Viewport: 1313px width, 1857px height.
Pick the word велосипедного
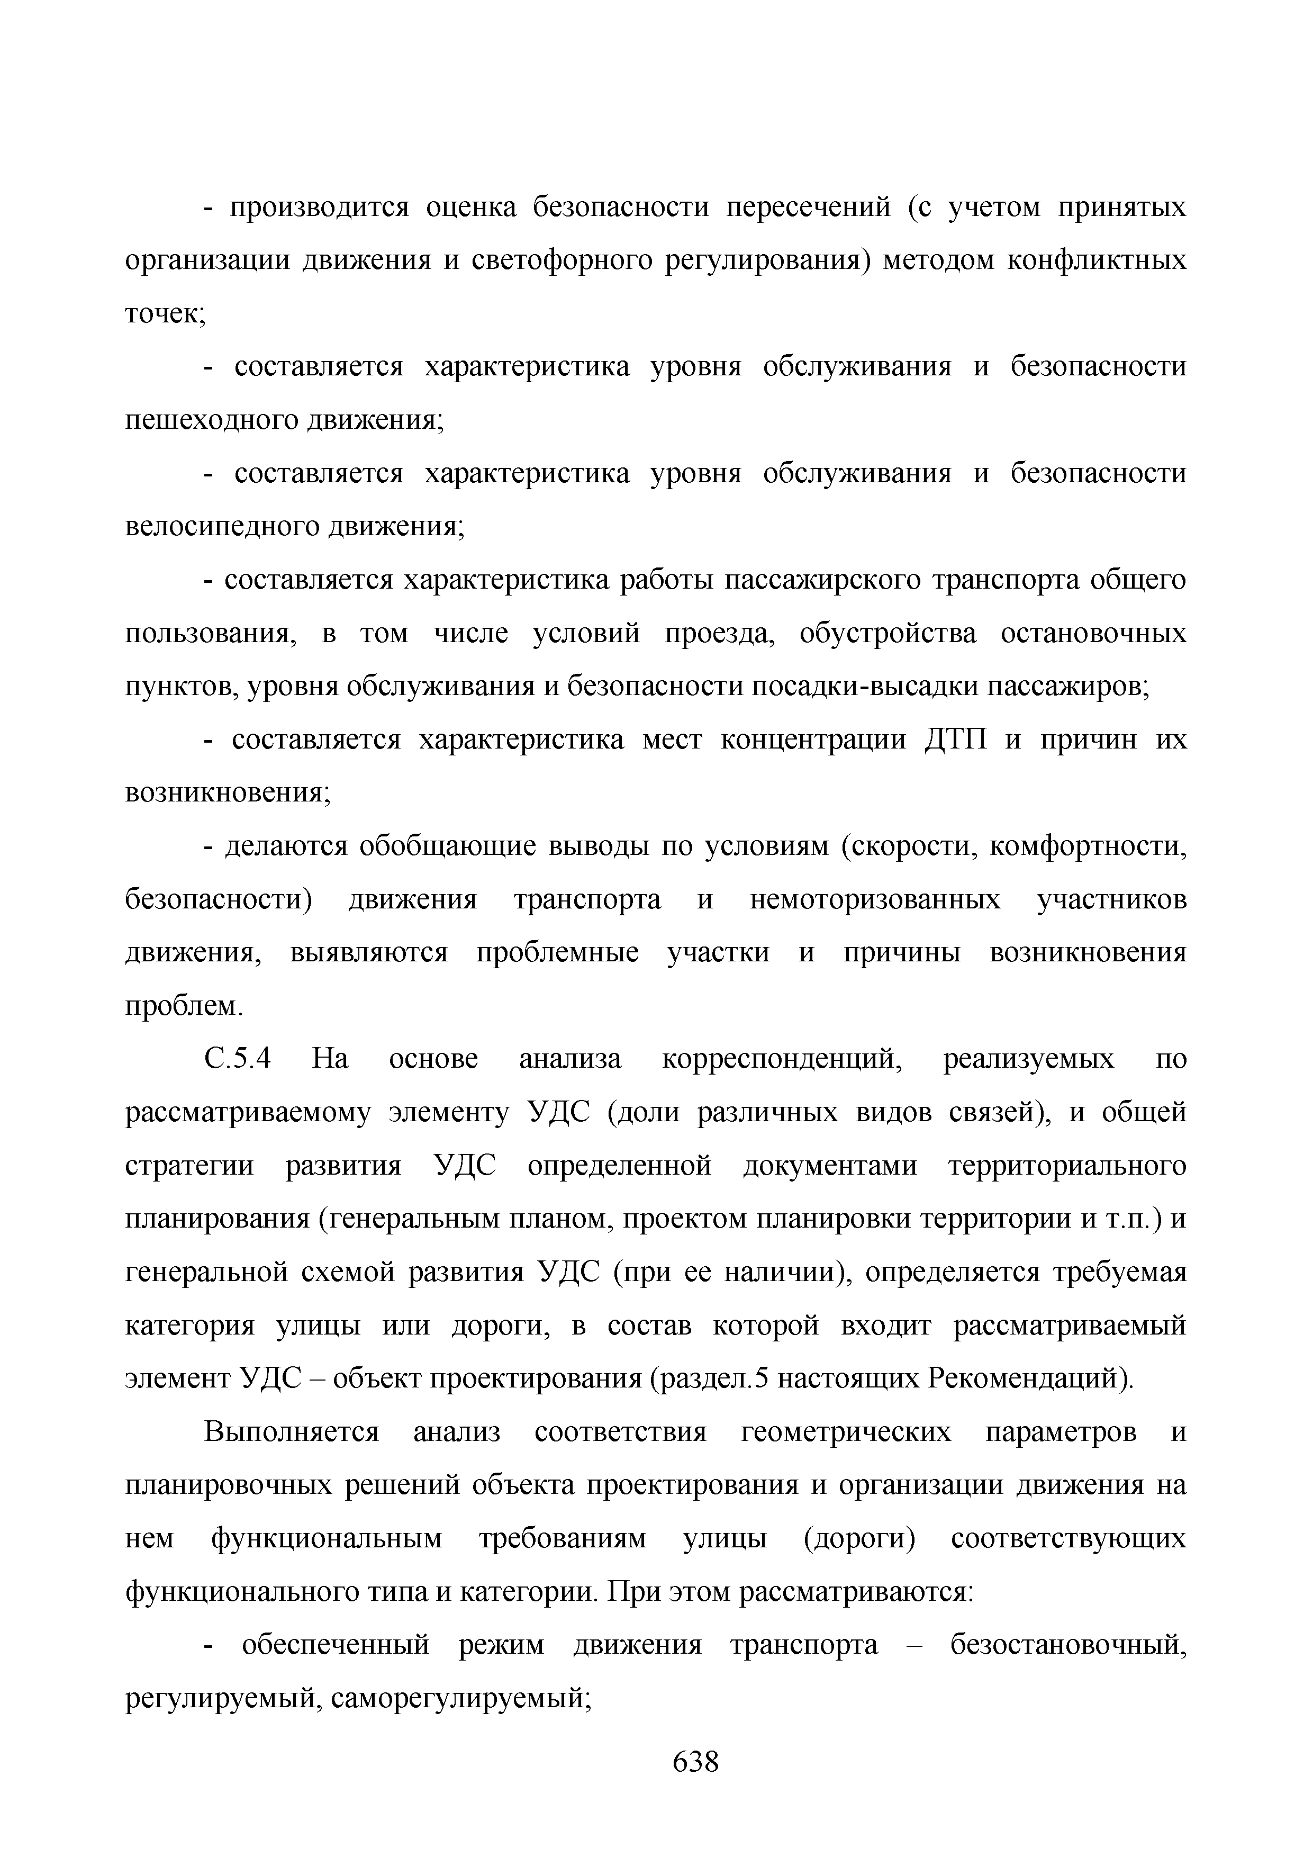pyautogui.click(x=224, y=527)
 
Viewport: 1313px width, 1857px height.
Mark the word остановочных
pyautogui.click(x=1093, y=633)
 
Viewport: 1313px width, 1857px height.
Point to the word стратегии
pyautogui.click(x=189, y=1166)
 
